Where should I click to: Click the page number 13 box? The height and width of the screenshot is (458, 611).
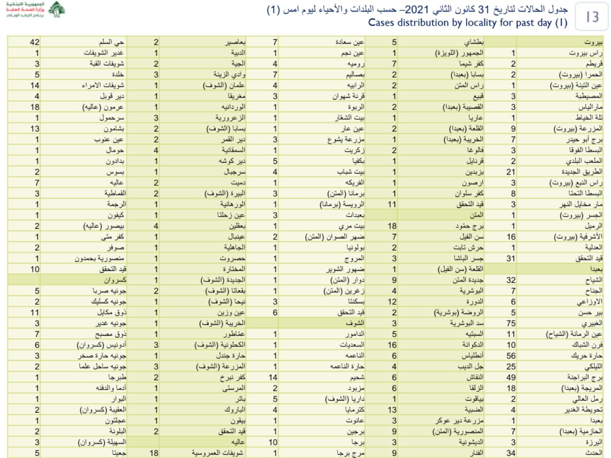(x=591, y=17)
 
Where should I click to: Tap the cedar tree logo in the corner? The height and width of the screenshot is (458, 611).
(x=56, y=10)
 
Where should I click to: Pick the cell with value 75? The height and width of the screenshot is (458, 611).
(x=511, y=323)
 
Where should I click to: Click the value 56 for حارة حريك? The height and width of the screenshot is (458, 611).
(x=511, y=356)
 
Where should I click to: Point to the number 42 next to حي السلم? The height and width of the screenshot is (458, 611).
(x=34, y=42)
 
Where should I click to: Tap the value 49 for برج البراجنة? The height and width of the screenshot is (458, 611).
(x=511, y=377)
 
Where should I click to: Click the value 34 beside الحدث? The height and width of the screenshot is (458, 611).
(x=511, y=453)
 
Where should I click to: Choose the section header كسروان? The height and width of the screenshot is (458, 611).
(x=115, y=280)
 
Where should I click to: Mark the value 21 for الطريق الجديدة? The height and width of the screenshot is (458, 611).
(x=511, y=172)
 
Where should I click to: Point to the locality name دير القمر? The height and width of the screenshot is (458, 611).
(x=233, y=140)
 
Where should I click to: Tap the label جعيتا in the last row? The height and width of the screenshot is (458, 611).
(x=119, y=453)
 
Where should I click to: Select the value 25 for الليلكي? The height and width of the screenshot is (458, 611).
(x=511, y=366)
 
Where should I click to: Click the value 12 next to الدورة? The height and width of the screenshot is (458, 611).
(x=392, y=302)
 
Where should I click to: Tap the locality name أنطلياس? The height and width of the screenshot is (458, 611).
(x=472, y=356)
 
